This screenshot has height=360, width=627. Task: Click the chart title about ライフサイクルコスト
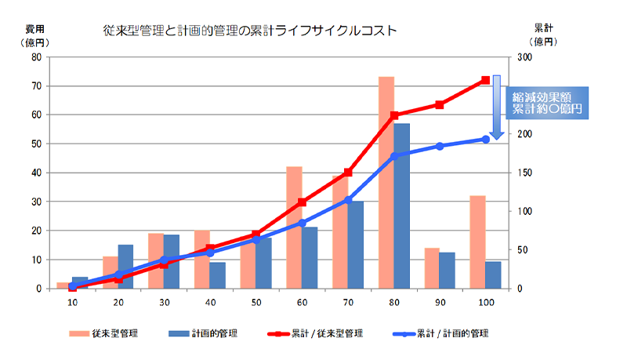(x=250, y=31)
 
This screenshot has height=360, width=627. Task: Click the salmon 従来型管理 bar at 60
(x=294, y=227)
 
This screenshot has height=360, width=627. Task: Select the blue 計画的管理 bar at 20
(x=125, y=267)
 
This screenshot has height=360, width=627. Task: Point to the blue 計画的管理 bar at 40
(x=218, y=275)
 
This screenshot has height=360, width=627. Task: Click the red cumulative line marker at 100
(x=486, y=80)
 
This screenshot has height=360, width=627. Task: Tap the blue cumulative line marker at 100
(x=486, y=139)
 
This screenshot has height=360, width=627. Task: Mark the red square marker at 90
(x=440, y=104)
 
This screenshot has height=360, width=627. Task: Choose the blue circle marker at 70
(x=348, y=200)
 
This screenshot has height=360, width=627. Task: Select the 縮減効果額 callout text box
(x=548, y=102)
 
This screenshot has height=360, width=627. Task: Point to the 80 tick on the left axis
(x=36, y=57)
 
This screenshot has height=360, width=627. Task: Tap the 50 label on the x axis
(x=256, y=303)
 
